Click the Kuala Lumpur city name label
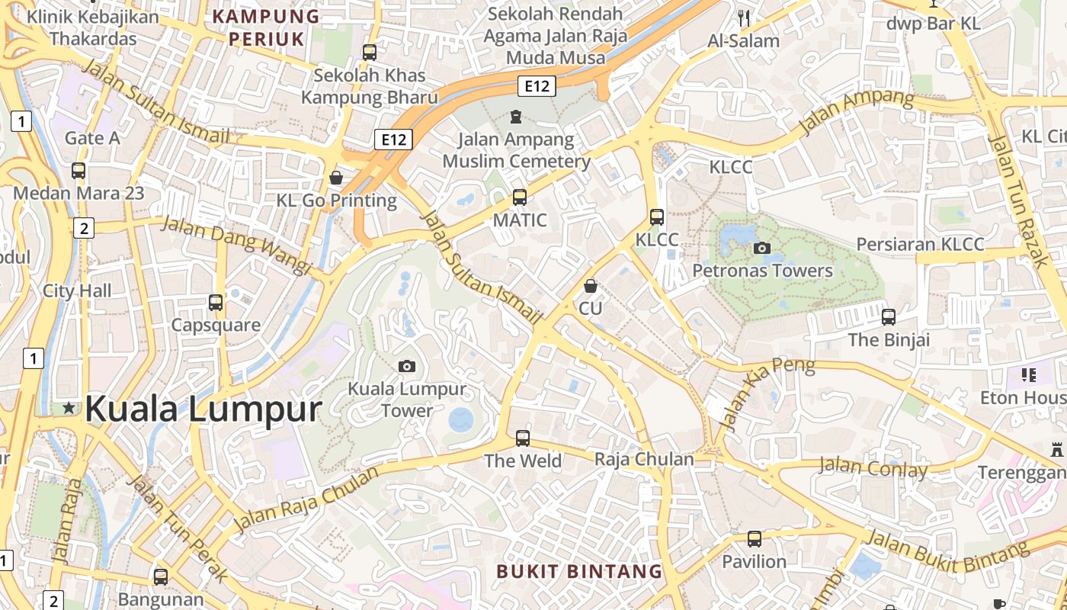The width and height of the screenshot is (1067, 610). point(203,409)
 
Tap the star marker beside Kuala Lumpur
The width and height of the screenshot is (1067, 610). point(69,408)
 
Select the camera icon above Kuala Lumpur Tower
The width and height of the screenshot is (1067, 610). point(407,366)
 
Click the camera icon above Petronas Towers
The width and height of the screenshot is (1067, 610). point(761,248)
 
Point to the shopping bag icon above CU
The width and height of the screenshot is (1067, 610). point(590,286)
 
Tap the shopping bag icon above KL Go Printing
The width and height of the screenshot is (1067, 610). point(336,178)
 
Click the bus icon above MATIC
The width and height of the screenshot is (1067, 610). point(520,197)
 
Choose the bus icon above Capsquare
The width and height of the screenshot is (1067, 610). point(216,302)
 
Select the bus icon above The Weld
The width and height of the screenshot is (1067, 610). point(523,438)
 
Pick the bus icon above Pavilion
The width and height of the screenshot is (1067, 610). point(754,539)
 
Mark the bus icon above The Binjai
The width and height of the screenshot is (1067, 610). point(889,316)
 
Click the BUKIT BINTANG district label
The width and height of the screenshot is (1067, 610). point(579,571)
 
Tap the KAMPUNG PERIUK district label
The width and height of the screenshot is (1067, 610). point(266,27)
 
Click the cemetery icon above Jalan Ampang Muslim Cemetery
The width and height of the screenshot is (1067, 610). point(516,117)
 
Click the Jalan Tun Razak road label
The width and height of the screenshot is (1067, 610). point(1018,200)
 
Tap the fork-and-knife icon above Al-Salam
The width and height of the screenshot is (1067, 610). point(744,18)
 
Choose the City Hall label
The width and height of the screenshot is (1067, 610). point(77,291)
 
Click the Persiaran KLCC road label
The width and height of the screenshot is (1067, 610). point(920,245)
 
